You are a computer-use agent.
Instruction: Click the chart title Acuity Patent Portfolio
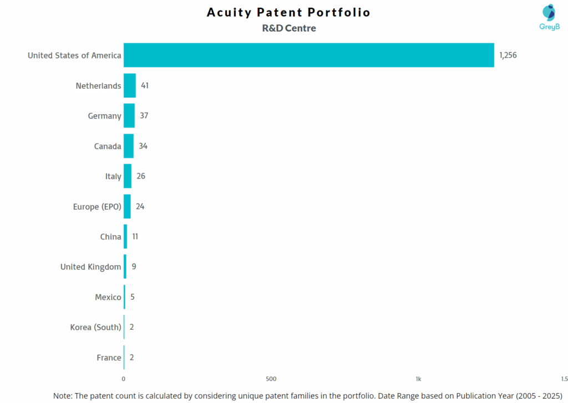click(x=288, y=12)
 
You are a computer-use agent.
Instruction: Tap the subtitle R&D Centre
click(x=288, y=28)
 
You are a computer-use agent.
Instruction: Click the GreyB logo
click(x=549, y=17)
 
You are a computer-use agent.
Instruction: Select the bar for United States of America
click(x=308, y=55)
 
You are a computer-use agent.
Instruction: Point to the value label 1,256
click(x=508, y=55)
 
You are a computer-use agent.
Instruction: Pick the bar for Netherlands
click(x=129, y=85)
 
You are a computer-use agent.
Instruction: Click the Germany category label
click(x=104, y=116)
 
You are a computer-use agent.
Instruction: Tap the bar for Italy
click(x=128, y=176)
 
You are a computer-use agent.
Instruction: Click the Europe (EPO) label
click(x=97, y=207)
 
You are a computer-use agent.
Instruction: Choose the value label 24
click(x=140, y=206)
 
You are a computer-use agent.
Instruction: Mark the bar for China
click(x=125, y=237)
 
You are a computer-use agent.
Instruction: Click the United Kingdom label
click(x=90, y=267)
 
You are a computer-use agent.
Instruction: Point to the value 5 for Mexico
click(x=133, y=297)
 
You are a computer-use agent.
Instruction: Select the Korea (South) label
click(x=95, y=328)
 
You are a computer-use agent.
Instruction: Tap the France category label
click(x=109, y=358)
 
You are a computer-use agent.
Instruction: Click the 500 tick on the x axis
click(x=271, y=379)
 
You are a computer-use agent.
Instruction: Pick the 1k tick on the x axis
click(x=418, y=379)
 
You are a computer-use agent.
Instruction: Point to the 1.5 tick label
click(x=564, y=379)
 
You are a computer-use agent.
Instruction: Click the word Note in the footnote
click(x=62, y=396)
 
